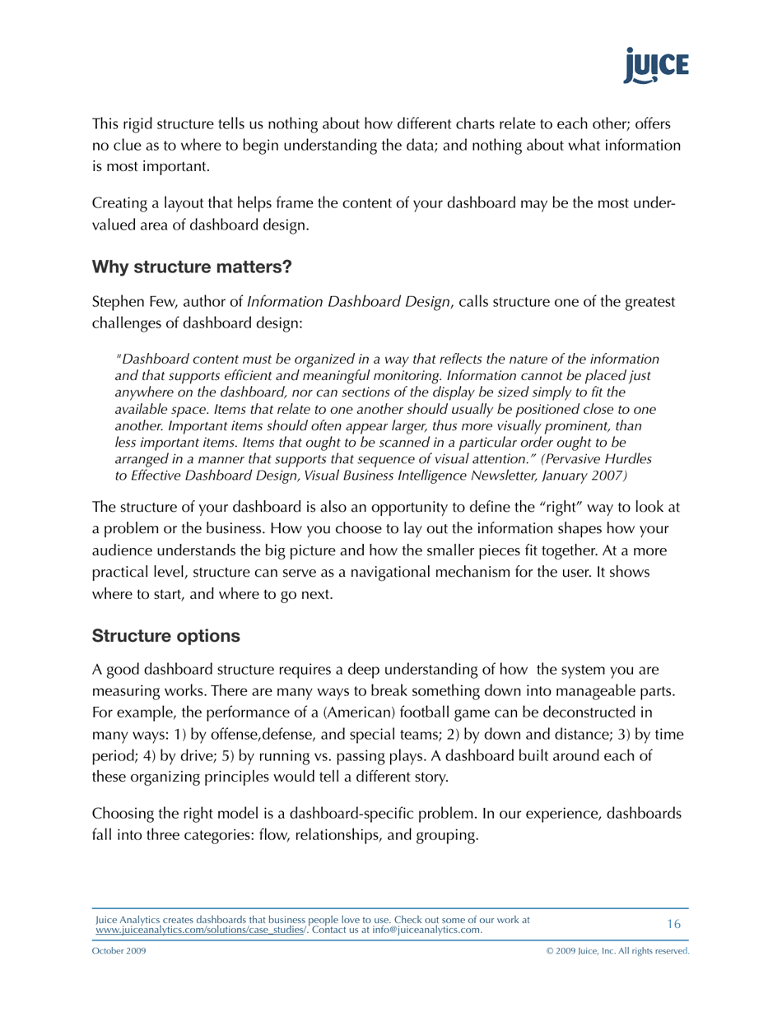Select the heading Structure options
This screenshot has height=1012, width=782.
166,636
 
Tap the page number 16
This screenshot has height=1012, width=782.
673,924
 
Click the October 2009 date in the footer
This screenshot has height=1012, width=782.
119,950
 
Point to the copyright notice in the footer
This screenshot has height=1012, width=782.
617,950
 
